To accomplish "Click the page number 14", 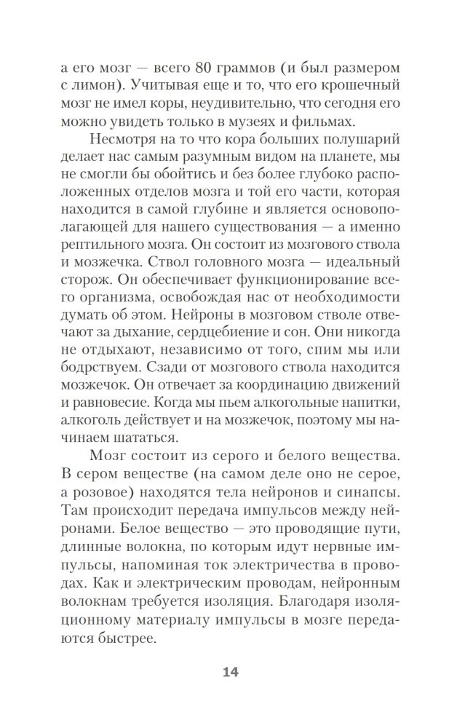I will pyautogui.click(x=231, y=671).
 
